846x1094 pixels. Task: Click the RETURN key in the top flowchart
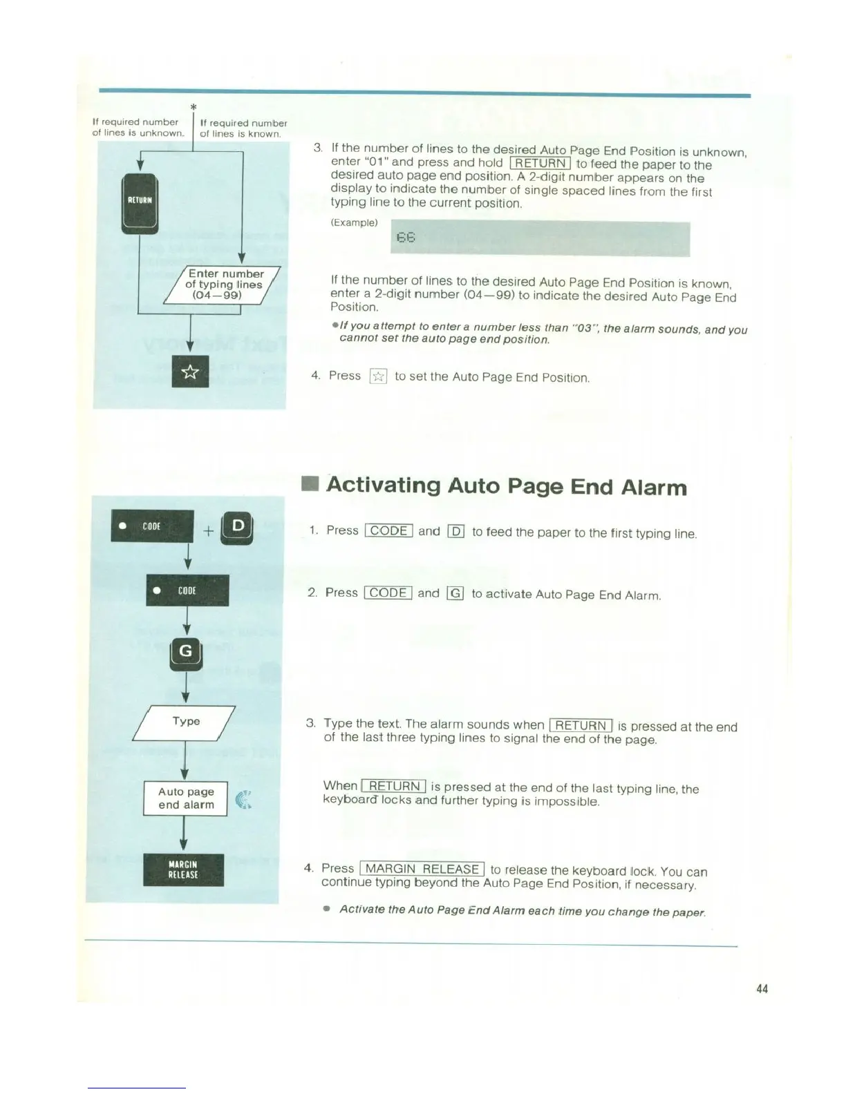click(x=140, y=202)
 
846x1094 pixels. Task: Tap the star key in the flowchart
click(x=190, y=372)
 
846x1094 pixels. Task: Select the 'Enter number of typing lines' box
click(x=223, y=285)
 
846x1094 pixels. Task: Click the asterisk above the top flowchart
click(x=194, y=107)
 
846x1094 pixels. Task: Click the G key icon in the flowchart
click(x=186, y=653)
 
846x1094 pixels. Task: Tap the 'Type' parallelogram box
click(x=185, y=722)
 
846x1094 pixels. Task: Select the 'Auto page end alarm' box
click(x=186, y=798)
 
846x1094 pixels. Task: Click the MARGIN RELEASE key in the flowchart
click(x=183, y=870)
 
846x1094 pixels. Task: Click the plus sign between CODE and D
click(x=208, y=531)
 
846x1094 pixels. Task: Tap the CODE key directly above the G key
click(x=187, y=591)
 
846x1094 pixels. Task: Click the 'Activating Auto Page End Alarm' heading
click(x=507, y=486)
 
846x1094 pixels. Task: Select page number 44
click(x=762, y=989)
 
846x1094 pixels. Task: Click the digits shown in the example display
click(x=406, y=238)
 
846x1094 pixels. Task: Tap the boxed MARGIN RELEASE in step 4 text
click(x=422, y=869)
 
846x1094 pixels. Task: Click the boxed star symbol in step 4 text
click(x=378, y=376)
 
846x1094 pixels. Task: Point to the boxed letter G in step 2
click(x=455, y=593)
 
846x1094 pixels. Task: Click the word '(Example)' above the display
click(x=354, y=222)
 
